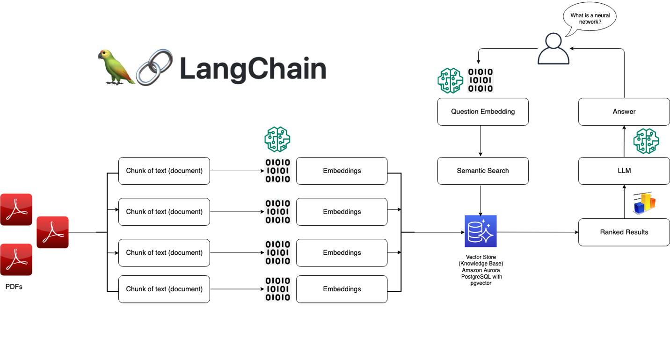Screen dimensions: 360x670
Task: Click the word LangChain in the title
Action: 253,69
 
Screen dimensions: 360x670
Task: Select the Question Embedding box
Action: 483,112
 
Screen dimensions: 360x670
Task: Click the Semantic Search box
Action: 483,171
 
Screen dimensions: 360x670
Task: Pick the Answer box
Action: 624,112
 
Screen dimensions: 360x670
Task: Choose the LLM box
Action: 624,171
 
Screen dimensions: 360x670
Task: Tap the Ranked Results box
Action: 624,232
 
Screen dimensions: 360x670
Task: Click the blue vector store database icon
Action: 481,231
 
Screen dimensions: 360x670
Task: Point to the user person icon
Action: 553,49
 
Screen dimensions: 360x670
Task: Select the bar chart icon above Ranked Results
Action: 645,203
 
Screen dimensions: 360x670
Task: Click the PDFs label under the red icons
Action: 14,287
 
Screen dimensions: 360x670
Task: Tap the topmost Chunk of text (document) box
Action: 164,171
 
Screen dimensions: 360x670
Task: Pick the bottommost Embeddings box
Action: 342,289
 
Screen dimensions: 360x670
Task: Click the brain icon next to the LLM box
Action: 646,141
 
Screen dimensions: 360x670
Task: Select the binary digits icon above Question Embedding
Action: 481,80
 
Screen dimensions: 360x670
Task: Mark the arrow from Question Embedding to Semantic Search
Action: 481,141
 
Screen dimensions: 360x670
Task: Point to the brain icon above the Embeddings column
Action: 277,139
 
